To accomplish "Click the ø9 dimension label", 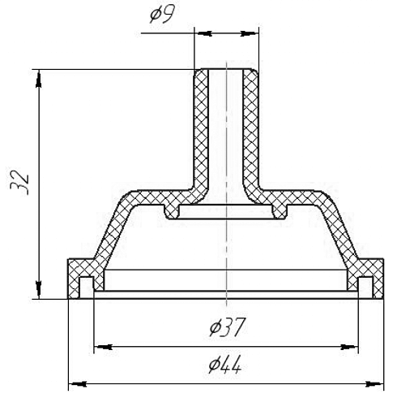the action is tap(163, 14).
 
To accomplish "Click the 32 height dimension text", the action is tap(19, 183).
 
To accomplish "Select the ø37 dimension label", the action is tap(229, 327).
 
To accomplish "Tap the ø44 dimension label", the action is tap(225, 364).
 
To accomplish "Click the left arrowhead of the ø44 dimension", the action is tap(77, 383).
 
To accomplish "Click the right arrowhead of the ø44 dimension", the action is tap(374, 383).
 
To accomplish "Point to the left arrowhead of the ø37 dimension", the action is tap(103, 347).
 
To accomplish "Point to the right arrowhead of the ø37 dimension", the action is tap(349, 347).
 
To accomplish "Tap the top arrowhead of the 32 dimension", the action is tap(39, 79).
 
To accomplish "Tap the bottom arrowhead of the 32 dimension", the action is tap(39, 290).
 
